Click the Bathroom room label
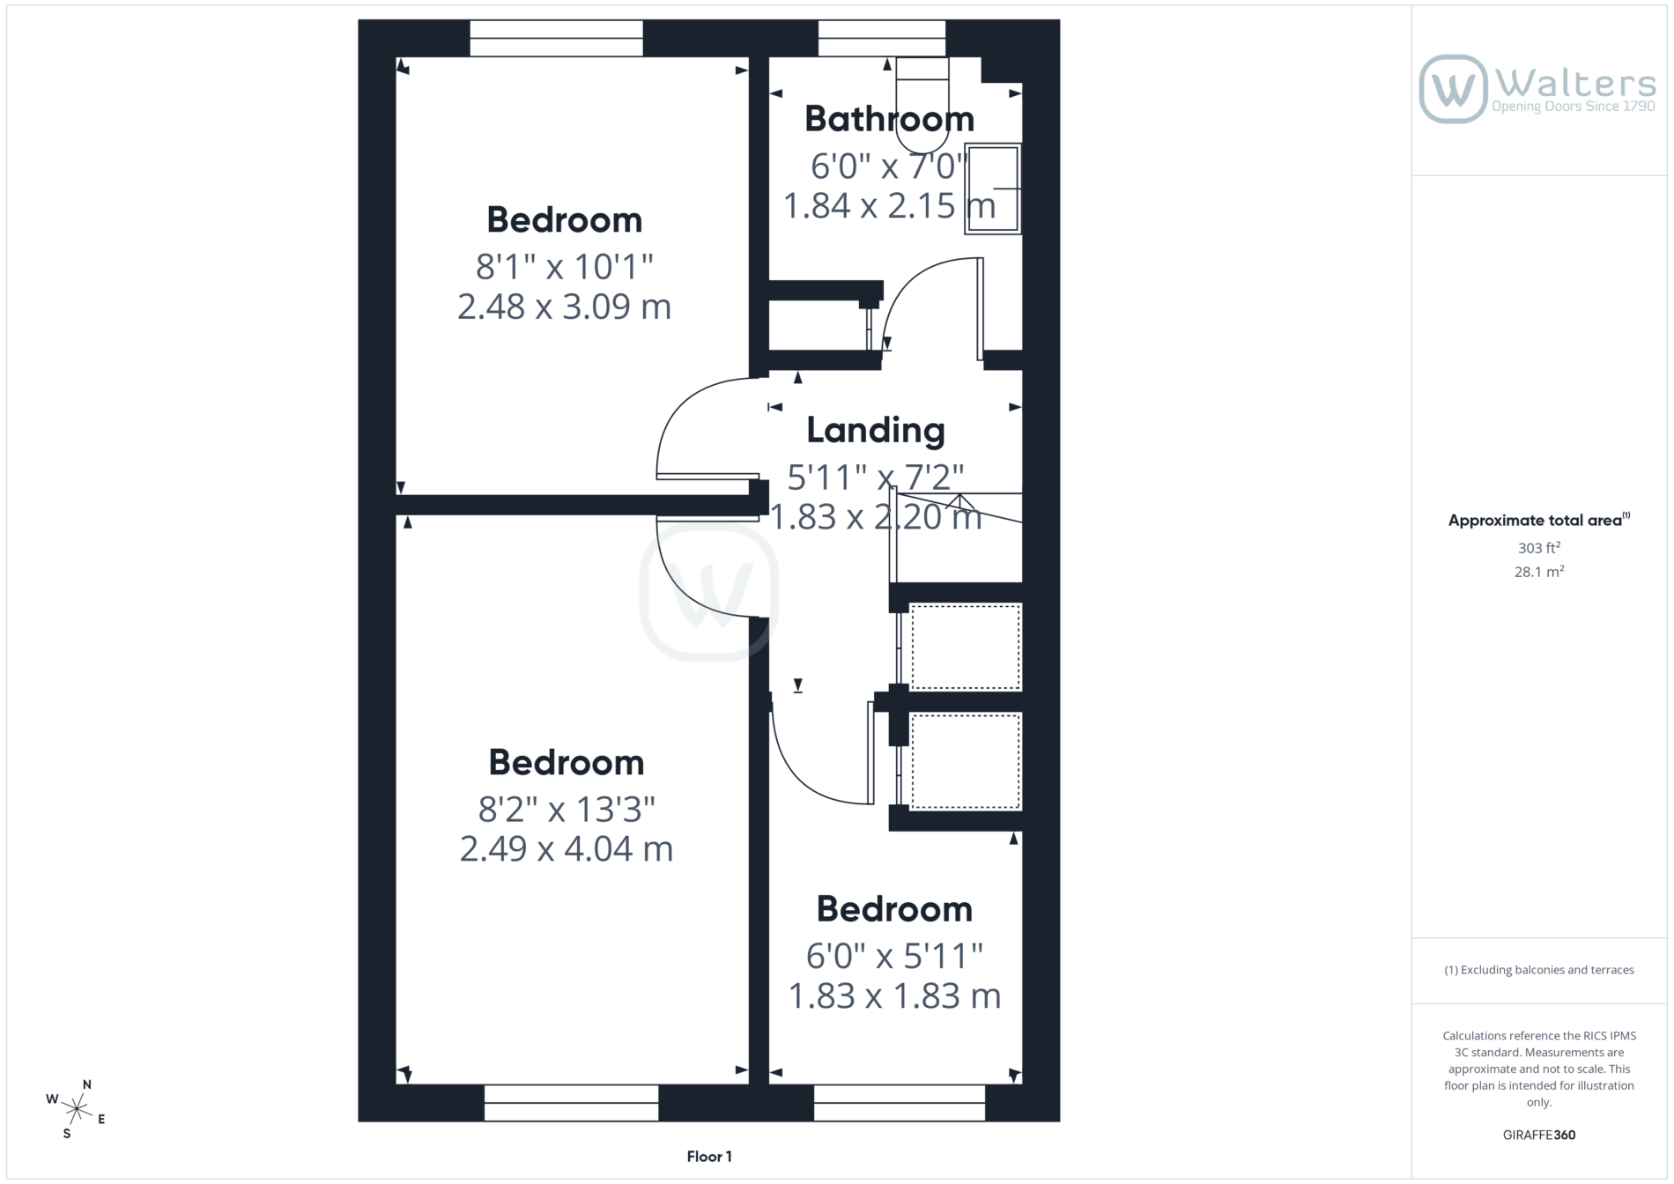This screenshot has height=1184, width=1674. click(889, 119)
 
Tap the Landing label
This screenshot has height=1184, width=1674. click(876, 431)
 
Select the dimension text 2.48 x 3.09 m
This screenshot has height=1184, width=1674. click(564, 307)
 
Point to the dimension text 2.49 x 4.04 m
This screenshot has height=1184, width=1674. click(566, 849)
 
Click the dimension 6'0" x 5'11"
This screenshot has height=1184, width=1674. click(894, 956)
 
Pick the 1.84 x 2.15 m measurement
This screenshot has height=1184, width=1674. click(889, 205)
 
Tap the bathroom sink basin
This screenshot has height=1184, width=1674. click(993, 189)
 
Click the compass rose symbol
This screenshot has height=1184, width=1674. click(77, 1108)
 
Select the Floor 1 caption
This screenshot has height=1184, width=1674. click(709, 1157)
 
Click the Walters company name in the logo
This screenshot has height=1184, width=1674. click(1575, 84)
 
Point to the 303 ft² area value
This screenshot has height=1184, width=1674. click(1538, 548)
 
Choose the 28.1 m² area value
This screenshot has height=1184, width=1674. click(1539, 572)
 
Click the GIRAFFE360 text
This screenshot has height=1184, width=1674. click(1539, 1135)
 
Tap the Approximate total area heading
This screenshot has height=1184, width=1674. click(1538, 520)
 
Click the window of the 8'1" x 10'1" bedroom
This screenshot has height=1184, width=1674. click(556, 39)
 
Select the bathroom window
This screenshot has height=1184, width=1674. click(882, 39)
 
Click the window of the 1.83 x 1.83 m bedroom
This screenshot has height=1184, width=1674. click(900, 1103)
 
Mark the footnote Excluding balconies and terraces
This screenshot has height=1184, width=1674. click(1538, 970)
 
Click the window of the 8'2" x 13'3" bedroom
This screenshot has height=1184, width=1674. click(571, 1103)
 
